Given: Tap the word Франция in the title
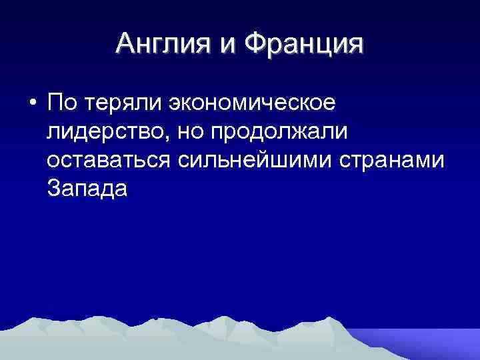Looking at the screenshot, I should coord(305,45).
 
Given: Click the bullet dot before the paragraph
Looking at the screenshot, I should coord(32,105).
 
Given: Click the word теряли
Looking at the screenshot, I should coord(124,103).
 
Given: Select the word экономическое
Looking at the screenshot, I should coord(253,103).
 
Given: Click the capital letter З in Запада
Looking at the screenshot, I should coord(54,189).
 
